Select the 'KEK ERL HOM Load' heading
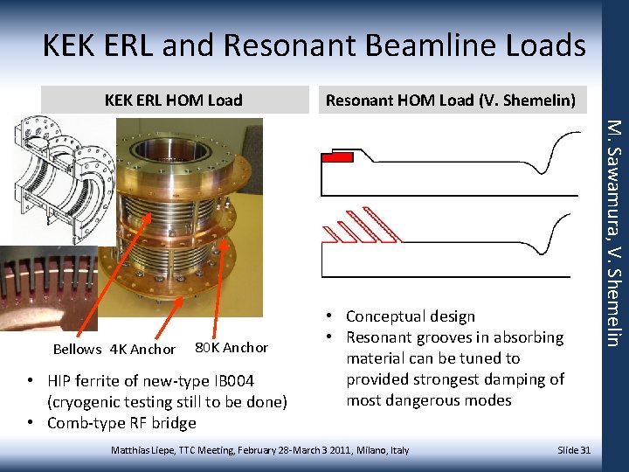[x=173, y=101]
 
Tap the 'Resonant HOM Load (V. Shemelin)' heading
[x=450, y=101]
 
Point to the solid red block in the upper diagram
[x=337, y=157]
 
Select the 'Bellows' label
[x=77, y=350]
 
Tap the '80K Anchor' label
[x=231, y=348]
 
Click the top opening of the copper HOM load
[x=169, y=149]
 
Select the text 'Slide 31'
[x=574, y=449]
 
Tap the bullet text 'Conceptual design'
[x=410, y=316]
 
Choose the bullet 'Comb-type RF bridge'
[x=121, y=423]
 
